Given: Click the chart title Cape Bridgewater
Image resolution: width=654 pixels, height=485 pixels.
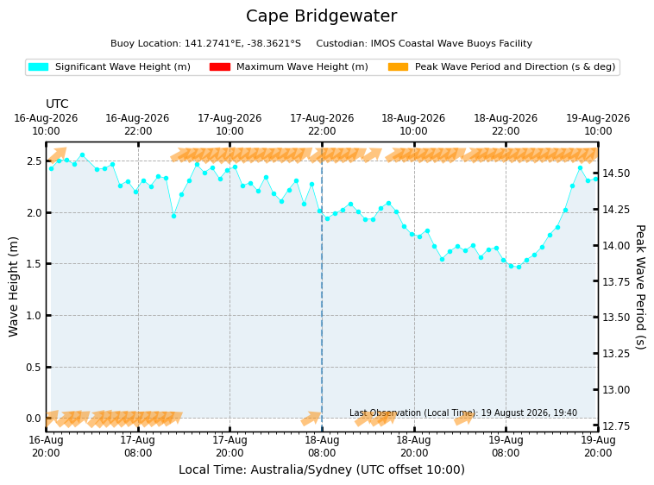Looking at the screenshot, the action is tap(321, 16).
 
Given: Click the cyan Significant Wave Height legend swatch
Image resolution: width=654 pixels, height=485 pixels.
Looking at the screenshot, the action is tap(38, 66).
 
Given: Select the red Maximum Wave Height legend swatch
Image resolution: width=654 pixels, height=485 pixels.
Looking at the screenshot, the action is tap(220, 66).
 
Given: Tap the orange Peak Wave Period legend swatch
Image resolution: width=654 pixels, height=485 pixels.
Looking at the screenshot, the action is tap(398, 66).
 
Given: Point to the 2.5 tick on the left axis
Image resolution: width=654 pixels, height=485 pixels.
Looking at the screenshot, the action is tap(35, 161).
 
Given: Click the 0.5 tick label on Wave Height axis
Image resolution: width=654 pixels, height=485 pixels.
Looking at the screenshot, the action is tap(35, 368).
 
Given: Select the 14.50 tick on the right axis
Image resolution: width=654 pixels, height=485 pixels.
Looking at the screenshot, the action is tap(616, 173).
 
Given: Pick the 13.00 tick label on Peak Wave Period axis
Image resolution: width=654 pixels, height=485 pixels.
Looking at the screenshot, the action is tap(616, 390).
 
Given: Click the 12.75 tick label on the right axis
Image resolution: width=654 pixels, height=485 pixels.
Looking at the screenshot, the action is tap(616, 426).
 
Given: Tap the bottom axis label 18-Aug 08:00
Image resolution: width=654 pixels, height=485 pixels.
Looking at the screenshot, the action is tap(322, 447).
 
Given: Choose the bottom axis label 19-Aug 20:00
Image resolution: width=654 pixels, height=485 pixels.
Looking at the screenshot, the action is tap(598, 447).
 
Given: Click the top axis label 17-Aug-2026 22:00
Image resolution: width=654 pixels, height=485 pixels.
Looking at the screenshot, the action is tap(322, 124).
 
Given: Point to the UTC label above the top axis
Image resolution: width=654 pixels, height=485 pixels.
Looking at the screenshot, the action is tap(57, 104).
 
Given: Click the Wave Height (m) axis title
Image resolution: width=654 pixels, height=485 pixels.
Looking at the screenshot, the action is tap(13, 287).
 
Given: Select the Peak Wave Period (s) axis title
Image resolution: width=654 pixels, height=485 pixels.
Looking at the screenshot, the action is tap(640, 287).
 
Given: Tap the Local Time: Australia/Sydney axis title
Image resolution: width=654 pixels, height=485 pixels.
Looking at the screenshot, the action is tap(322, 470).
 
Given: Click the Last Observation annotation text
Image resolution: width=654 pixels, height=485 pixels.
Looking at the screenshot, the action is tap(463, 413).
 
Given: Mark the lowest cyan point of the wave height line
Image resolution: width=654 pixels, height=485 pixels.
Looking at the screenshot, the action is tap(519, 267).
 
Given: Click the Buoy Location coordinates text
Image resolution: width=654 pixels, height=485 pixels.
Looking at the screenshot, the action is tap(205, 43).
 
